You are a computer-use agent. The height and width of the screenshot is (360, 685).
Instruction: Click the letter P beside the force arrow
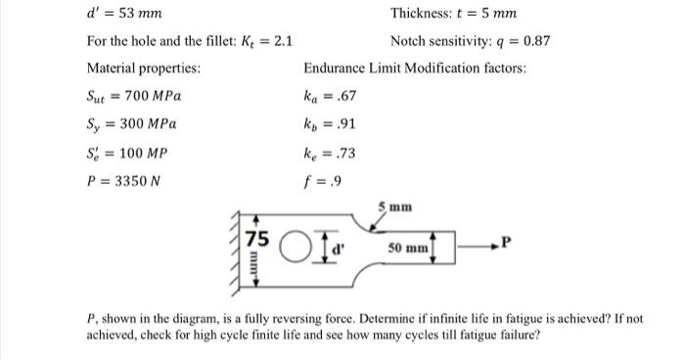tap(506, 238)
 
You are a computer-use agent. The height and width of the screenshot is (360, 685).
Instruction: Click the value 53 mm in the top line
tap(142, 14)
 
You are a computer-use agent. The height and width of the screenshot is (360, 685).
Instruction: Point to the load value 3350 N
tap(134, 180)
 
